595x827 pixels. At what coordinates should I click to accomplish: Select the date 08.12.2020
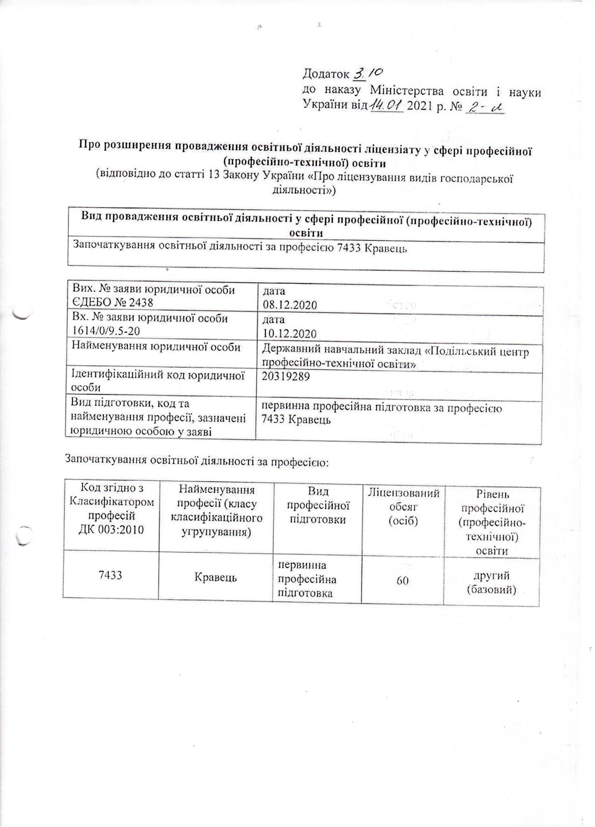(289, 305)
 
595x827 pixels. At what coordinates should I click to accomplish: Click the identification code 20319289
(286, 377)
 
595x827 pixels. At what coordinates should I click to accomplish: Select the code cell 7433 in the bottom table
(110, 576)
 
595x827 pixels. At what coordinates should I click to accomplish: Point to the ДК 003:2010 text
(111, 529)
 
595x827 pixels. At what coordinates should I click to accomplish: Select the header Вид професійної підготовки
(318, 507)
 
